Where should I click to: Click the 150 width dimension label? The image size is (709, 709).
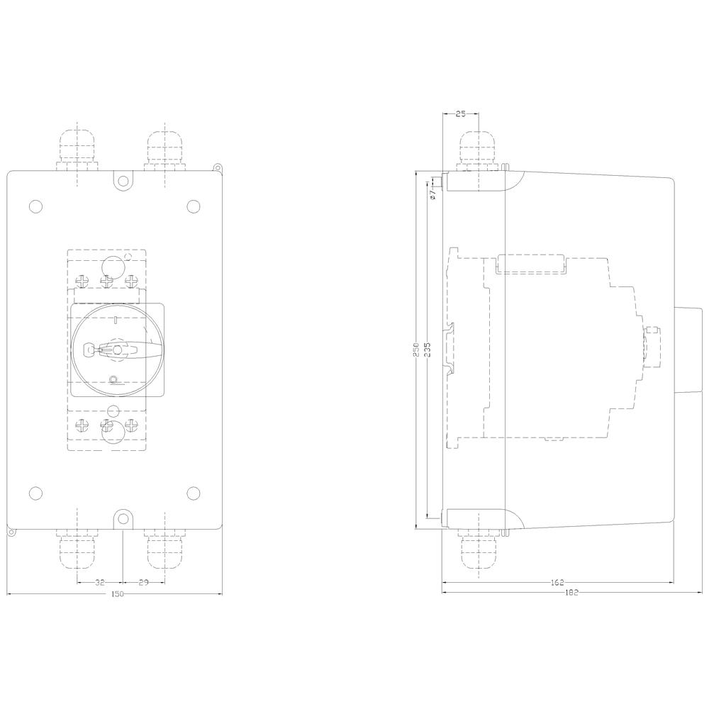[118, 593]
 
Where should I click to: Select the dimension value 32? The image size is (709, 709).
[100, 582]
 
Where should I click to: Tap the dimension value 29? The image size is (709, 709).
[143, 582]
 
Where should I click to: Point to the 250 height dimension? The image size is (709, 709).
[417, 351]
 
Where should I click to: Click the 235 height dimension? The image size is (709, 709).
[428, 351]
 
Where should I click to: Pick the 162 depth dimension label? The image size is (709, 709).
[557, 583]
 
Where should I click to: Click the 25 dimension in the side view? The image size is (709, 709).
[460, 113]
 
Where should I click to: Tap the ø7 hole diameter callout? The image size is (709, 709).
[432, 191]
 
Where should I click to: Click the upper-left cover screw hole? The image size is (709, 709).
[35, 206]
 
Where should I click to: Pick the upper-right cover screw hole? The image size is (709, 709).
[193, 206]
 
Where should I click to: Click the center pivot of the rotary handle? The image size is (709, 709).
[117, 350]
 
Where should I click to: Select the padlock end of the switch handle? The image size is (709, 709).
[89, 349]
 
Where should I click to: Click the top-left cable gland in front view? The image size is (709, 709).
[77, 150]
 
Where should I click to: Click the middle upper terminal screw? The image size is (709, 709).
[107, 281]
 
